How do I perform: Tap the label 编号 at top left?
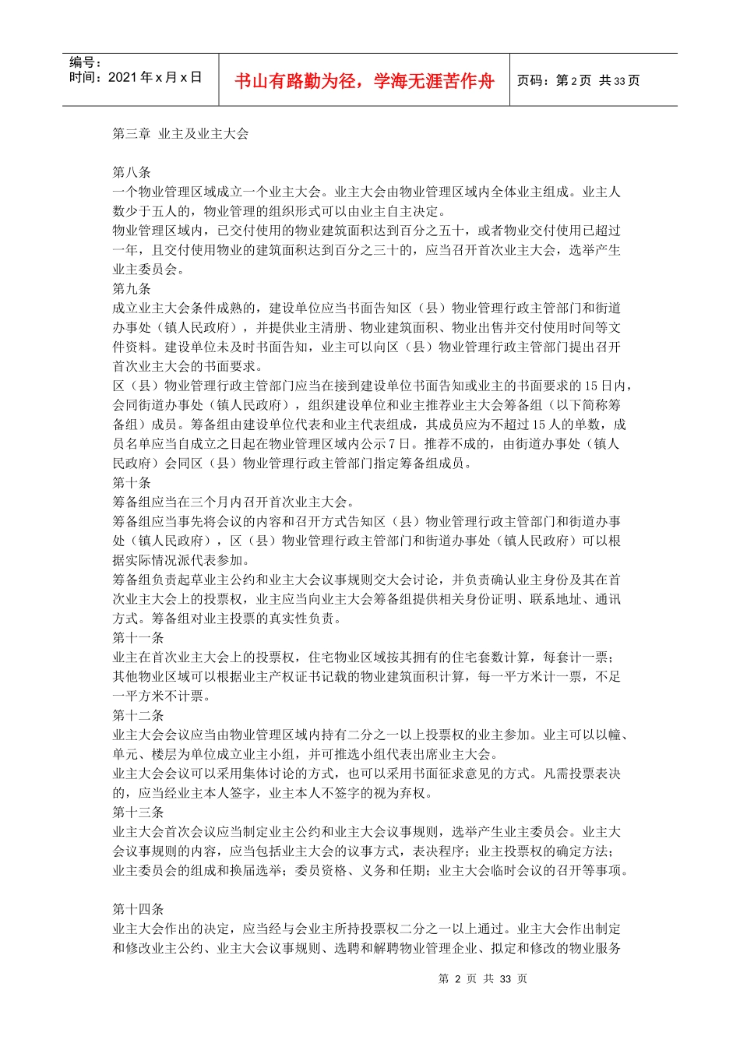pos(85,62)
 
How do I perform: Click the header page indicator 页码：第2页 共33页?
pos(578,81)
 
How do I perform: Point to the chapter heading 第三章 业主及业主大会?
pos(181,134)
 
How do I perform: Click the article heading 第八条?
pos(132,172)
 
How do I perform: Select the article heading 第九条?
pos(132,288)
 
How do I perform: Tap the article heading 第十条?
pos(132,482)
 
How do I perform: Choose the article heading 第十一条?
pos(138,638)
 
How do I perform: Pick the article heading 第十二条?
pos(138,715)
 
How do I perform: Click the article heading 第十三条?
pos(138,813)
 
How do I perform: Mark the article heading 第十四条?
pos(138,909)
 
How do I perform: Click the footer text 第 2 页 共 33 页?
pos(483,979)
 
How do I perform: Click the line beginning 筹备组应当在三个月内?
pos(234,502)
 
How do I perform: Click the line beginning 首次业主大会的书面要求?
pos(187,366)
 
